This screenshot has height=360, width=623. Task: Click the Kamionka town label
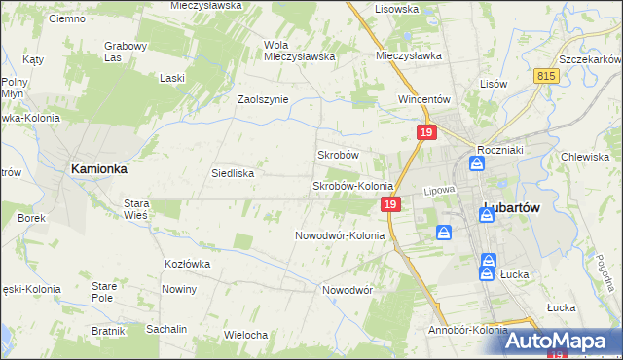coord(98,168)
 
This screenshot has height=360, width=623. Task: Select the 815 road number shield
coord(545,75)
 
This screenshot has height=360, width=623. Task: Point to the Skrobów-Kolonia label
coord(351,185)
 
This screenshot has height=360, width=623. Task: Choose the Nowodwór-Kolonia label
coord(340,235)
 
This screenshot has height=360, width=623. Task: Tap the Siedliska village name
coord(233,173)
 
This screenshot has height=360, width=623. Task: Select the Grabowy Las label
coord(126,51)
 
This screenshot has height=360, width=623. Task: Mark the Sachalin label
coord(166,329)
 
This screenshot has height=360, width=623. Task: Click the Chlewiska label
coord(585,157)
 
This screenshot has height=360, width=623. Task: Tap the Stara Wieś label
coord(135,209)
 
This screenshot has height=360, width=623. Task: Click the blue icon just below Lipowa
coord(443,233)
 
